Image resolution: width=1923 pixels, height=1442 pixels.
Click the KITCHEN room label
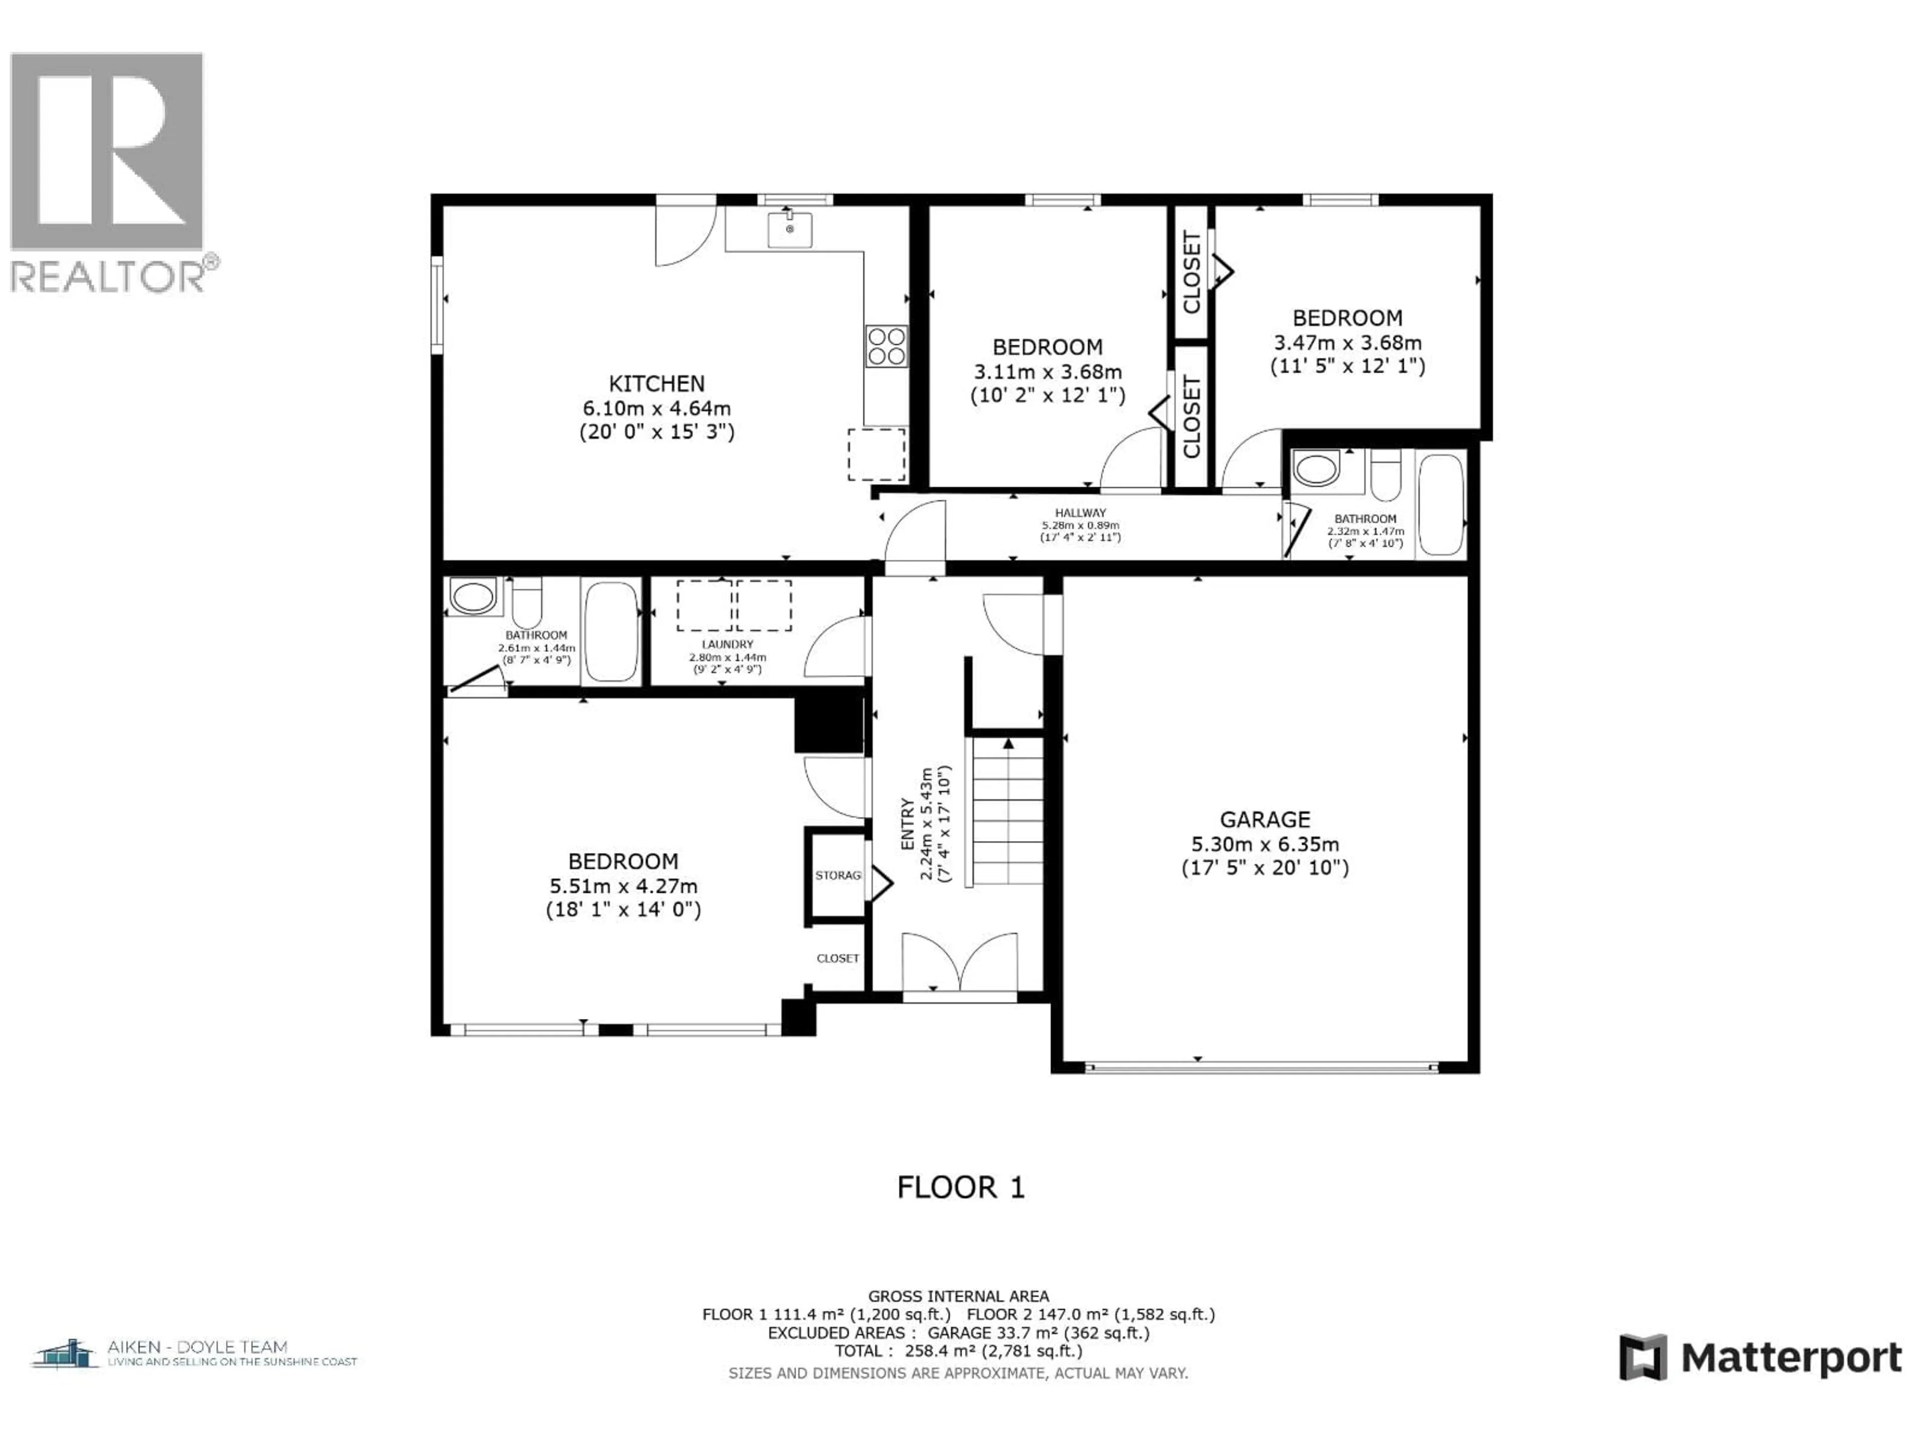coord(657,384)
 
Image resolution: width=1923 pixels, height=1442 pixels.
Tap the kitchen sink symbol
coord(789,229)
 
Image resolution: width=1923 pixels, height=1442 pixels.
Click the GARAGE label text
coord(1265,820)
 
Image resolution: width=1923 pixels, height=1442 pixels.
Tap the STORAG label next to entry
coord(838,875)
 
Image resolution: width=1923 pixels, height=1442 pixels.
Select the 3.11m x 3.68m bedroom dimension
coord(1048,372)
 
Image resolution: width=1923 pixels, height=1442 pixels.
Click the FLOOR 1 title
coord(960,1187)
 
